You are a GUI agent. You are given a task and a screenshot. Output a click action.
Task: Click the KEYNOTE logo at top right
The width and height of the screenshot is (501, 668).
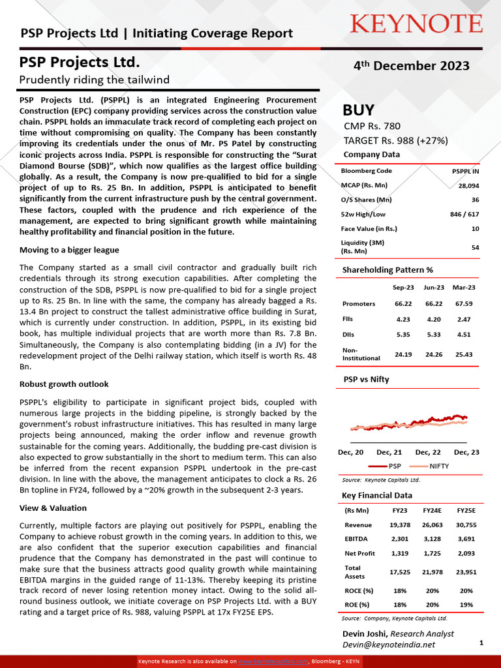(416, 24)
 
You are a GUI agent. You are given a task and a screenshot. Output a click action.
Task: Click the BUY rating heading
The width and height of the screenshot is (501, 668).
(359, 110)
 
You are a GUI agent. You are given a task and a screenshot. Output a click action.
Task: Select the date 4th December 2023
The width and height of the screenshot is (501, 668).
(411, 66)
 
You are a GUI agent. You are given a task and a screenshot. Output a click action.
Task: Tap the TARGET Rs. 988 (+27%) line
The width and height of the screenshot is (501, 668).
(395, 140)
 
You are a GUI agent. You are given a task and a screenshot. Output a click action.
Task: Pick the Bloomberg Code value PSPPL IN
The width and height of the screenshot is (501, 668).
(465, 171)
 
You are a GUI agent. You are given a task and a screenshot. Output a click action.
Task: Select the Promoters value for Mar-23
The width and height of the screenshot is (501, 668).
(464, 303)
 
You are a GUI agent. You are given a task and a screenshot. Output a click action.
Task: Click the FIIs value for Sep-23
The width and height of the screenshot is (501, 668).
(404, 320)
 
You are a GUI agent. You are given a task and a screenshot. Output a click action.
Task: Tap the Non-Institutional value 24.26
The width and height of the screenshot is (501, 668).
(434, 354)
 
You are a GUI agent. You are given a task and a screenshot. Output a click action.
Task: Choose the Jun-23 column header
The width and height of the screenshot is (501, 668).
(434, 287)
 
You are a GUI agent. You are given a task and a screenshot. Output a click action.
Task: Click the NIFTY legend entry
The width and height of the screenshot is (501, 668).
(438, 466)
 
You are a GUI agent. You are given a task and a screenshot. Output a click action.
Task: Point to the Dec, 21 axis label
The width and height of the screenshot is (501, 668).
(389, 452)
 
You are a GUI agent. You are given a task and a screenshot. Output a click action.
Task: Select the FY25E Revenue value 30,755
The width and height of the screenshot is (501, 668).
(466, 524)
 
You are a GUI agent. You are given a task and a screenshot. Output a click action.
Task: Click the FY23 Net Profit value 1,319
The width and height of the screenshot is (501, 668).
(399, 553)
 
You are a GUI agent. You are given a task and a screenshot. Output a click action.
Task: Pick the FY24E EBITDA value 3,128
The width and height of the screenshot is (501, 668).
(432, 539)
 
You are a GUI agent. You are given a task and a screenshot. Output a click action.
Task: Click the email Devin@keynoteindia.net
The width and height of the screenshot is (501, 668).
(389, 644)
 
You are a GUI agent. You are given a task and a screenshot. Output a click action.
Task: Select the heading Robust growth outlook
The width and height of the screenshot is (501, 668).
(64, 384)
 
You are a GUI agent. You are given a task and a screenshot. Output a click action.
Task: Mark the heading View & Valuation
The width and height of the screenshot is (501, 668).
(53, 508)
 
